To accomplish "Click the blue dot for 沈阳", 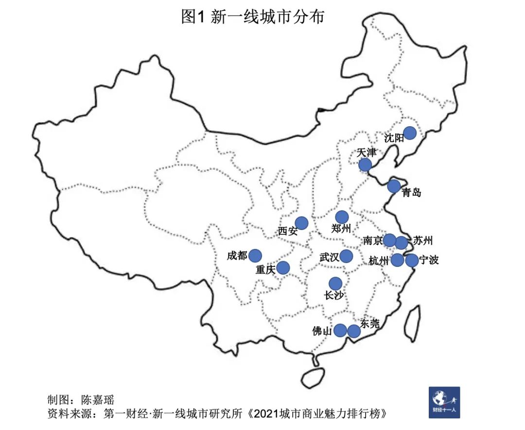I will (410, 132).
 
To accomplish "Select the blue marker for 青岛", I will (394, 186).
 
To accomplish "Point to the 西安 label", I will (288, 231).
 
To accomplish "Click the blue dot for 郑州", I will (342, 217).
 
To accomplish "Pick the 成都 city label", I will (237, 255).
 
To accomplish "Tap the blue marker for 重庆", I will (283, 267).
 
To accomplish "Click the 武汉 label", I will (329, 257).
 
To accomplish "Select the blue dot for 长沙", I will (335, 283).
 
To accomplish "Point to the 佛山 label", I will (322, 331).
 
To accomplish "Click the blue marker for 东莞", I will (354, 331).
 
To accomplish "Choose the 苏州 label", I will (422, 240).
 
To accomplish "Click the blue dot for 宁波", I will (411, 260).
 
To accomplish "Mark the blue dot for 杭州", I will (398, 260).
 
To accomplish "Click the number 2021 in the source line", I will (266, 414).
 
